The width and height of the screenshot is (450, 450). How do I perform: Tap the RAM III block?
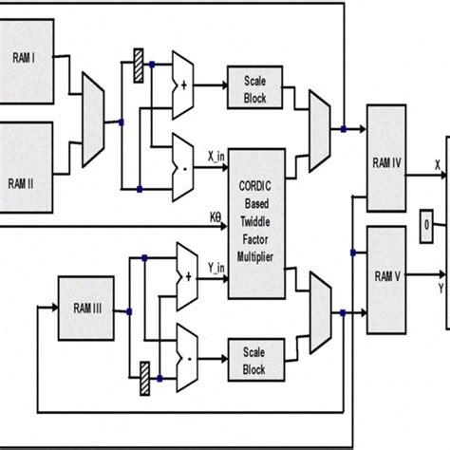pyautogui.click(x=87, y=309)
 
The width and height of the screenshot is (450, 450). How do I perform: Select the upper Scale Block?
pyautogui.click(x=254, y=88)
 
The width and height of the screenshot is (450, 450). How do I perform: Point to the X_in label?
pyautogui.click(x=216, y=152)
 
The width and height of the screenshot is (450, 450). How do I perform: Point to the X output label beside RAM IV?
pyautogui.click(x=437, y=164)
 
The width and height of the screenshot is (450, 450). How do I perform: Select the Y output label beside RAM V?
pyautogui.click(x=441, y=286)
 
